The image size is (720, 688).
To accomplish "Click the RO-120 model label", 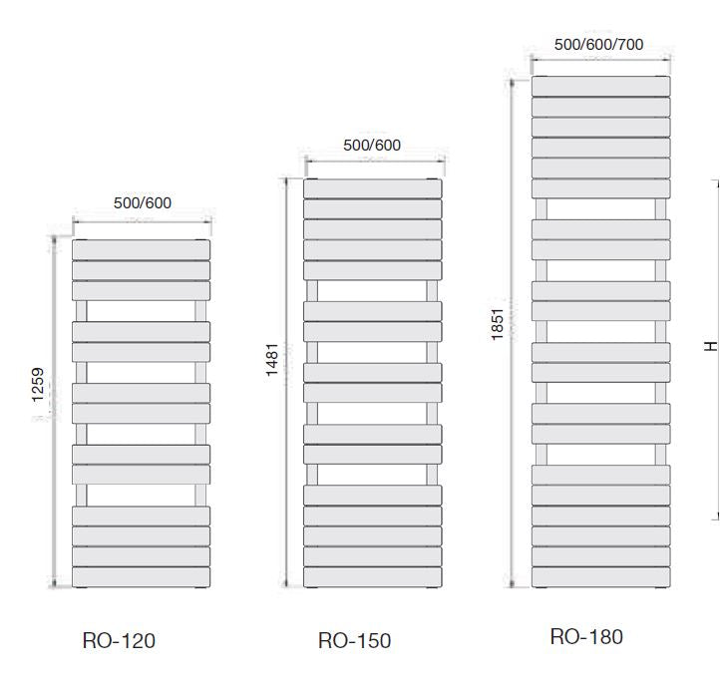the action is click(x=119, y=640).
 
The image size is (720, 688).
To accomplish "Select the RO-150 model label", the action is click(x=354, y=640).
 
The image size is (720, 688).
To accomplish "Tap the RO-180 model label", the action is click(x=586, y=636).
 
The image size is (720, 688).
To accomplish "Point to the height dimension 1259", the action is click(x=38, y=385).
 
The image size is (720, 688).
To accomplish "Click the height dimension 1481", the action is click(x=272, y=360).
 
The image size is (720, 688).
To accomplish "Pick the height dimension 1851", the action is click(x=498, y=324).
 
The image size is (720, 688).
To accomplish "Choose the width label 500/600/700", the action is click(x=598, y=45).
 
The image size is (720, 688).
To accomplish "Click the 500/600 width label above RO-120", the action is click(x=143, y=202).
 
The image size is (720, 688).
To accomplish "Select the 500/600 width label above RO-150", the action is click(x=372, y=145).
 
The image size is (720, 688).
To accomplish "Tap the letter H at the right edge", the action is click(x=710, y=346).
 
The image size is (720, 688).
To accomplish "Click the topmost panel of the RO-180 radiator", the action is click(x=600, y=87).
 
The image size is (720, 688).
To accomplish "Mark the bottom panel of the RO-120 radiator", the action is click(x=141, y=577).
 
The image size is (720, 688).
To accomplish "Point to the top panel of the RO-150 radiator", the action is click(x=372, y=188).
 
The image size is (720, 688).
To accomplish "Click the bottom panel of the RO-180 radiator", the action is click(x=600, y=577).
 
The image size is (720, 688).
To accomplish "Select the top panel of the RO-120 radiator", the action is click(x=141, y=249).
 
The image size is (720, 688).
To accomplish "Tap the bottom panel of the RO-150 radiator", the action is click(x=372, y=577).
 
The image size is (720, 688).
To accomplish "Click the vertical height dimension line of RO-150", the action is click(x=286, y=382).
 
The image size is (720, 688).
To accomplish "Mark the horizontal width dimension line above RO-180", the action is click(x=600, y=59).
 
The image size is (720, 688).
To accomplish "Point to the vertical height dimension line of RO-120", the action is click(x=54, y=412).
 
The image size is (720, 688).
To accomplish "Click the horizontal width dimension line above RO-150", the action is click(x=375, y=161).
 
